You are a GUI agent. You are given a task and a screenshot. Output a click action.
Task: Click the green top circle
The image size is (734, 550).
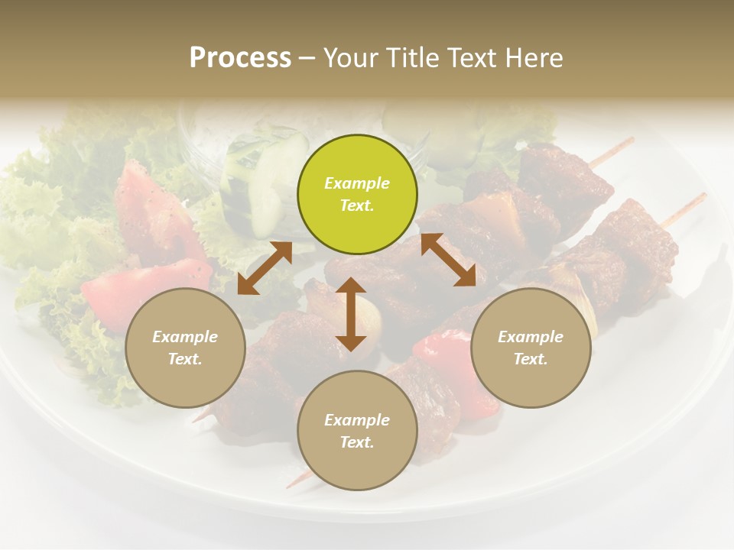pos(357,195)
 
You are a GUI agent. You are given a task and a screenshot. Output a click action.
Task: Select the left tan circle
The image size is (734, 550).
pos(185,348)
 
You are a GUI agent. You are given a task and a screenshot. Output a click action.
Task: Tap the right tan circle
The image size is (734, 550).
pos(531,348)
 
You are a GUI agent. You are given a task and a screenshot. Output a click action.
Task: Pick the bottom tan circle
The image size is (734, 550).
pos(357,431)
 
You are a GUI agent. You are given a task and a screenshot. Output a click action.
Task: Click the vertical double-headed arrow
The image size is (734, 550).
pos(351,314)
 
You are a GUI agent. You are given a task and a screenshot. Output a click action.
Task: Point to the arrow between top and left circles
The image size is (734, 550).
pos(265,267)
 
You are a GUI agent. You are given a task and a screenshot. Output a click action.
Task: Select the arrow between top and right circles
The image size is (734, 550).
pos(448,260)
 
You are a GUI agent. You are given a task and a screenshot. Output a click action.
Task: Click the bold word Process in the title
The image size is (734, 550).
pos(240,57)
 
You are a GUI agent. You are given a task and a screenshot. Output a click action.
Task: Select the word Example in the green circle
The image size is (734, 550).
pos(357,183)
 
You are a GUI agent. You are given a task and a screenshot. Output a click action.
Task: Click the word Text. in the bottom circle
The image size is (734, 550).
pos(357,442)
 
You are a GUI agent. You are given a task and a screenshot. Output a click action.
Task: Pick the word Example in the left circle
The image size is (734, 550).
pos(185,337)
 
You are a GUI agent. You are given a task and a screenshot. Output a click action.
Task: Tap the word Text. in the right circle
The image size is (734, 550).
pos(531,359)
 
